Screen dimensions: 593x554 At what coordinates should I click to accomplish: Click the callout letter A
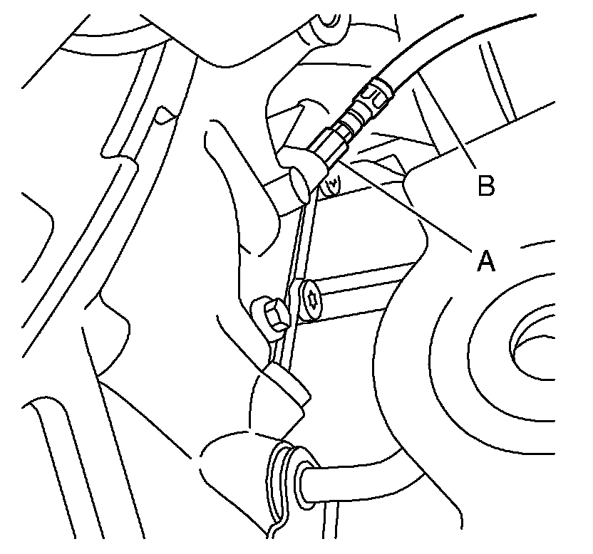pyautogui.click(x=485, y=261)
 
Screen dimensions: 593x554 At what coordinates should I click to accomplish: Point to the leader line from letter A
pyautogui.click(x=406, y=207)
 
